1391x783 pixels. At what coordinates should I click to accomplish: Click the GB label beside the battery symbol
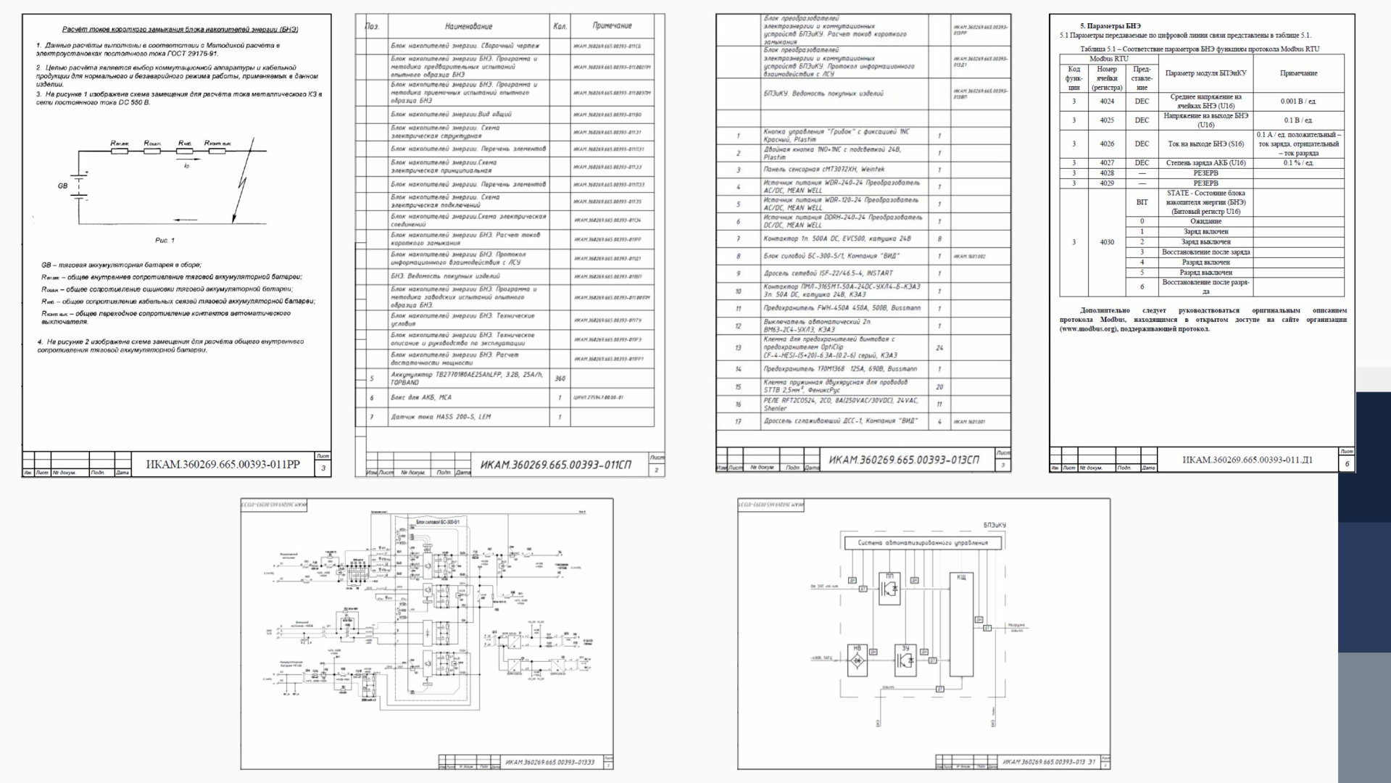click(62, 186)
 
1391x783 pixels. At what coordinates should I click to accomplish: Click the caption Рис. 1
click(165, 240)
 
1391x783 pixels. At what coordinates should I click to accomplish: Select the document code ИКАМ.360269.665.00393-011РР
click(223, 464)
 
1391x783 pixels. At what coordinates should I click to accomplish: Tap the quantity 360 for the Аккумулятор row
click(560, 378)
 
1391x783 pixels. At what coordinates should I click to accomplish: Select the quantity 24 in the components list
click(939, 348)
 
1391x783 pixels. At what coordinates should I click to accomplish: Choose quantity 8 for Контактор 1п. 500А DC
click(939, 239)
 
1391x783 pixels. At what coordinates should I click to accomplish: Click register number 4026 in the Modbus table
click(1107, 144)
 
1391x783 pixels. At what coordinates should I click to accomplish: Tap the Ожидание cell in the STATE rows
click(1205, 222)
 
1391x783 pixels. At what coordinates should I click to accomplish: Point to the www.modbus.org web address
click(1089, 329)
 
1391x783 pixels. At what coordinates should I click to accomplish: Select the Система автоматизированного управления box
click(922, 542)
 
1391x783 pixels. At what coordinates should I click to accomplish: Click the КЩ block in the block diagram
click(961, 623)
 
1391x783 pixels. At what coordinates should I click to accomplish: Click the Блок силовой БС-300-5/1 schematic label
click(438, 521)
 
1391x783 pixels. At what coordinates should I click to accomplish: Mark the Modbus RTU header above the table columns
click(1108, 58)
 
